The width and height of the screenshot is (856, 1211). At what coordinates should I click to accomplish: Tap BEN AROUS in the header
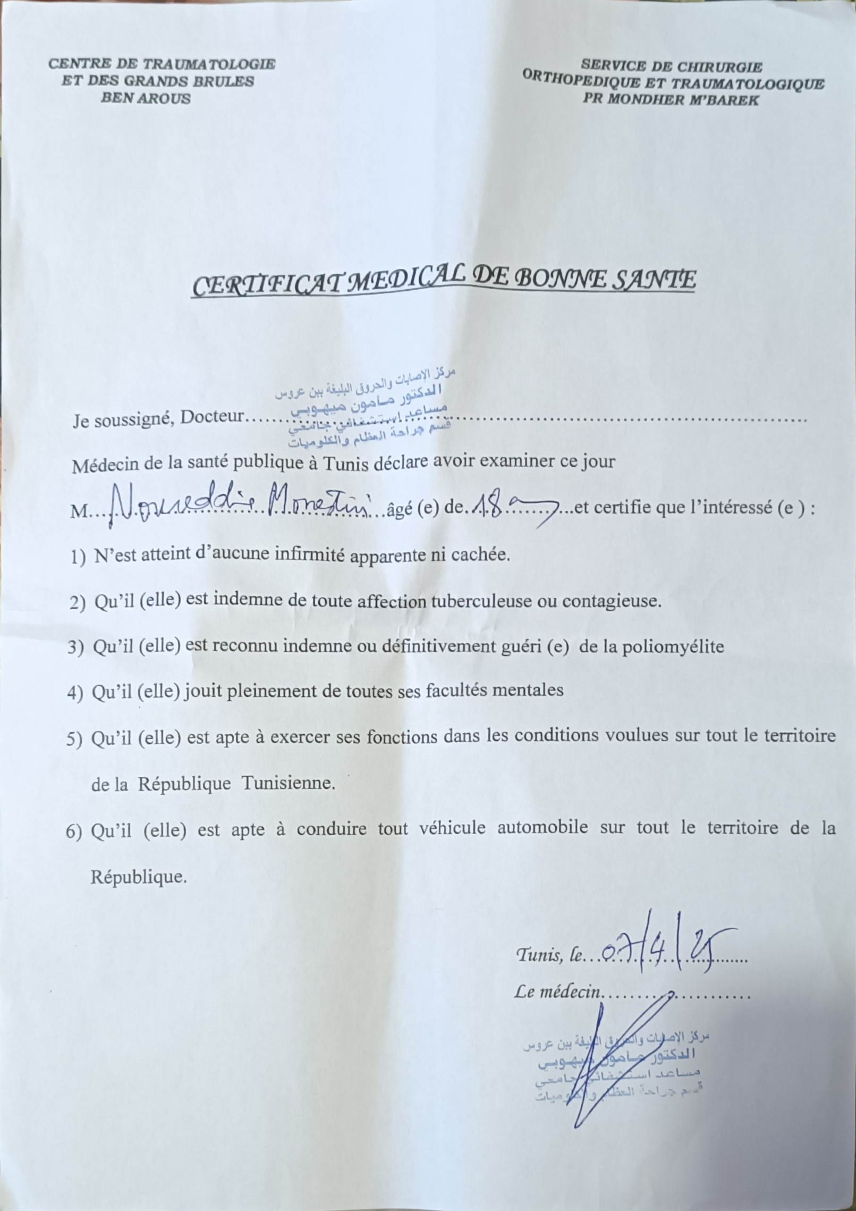click(146, 98)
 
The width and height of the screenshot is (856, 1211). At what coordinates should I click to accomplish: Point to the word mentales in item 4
click(528, 690)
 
